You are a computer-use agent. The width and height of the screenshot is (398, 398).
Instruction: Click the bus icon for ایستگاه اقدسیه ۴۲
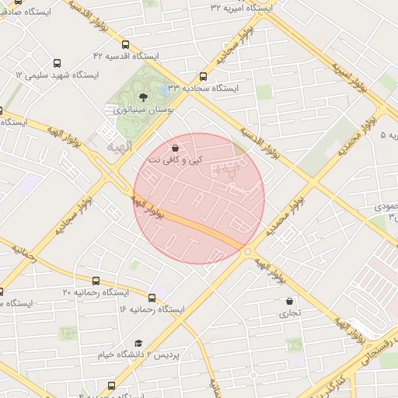(x=126, y=45)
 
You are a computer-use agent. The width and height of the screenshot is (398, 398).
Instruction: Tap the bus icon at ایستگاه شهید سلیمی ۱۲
(x=57, y=63)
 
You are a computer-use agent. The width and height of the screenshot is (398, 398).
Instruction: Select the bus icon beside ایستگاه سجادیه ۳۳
(x=203, y=76)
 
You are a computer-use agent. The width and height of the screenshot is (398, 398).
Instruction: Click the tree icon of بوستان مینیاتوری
(x=142, y=97)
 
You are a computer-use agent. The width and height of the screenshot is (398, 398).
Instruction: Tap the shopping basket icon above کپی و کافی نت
(x=175, y=147)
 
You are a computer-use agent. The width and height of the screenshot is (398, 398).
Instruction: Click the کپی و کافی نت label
(x=176, y=159)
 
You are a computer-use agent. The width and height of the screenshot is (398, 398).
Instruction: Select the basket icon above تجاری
(x=290, y=302)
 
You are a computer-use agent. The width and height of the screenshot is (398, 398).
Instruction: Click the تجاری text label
(x=290, y=314)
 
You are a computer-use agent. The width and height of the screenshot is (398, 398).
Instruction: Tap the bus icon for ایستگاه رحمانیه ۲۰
(x=96, y=281)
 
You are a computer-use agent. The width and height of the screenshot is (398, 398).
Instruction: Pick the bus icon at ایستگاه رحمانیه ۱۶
(x=152, y=297)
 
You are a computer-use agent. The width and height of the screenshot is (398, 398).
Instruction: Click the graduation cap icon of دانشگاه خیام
(x=138, y=343)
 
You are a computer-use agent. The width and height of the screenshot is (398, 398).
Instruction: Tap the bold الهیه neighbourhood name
(x=118, y=146)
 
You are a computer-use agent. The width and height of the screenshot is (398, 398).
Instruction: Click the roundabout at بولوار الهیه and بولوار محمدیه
(x=248, y=251)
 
